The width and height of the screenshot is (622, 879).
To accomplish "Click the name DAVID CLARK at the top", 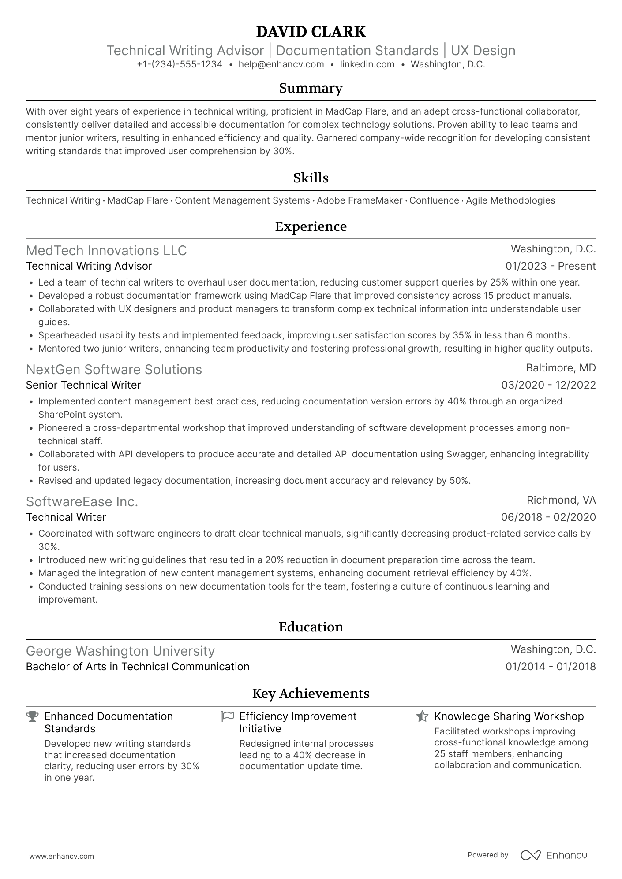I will [x=311, y=32].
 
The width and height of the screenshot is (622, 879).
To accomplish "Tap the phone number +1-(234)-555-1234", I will [x=180, y=64].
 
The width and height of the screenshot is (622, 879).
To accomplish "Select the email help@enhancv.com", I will [x=281, y=64].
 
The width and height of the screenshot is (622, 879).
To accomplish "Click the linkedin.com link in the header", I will [x=367, y=64].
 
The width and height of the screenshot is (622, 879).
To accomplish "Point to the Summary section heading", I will [x=311, y=88].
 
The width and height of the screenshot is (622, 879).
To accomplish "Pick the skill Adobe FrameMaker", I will [x=360, y=200].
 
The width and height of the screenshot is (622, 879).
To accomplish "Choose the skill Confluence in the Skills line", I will [x=434, y=200].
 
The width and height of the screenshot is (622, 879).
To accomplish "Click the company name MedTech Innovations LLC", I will [x=106, y=250].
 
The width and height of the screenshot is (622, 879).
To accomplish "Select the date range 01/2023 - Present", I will [x=551, y=266].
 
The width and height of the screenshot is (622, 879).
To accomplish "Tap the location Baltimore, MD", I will [x=561, y=368].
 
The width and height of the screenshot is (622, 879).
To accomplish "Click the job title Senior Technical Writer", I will [x=83, y=385].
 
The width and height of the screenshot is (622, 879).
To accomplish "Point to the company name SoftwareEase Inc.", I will [x=82, y=501].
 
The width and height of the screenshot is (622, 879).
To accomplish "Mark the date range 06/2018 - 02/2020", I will [x=548, y=517].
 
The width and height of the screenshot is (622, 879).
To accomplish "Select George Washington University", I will [x=120, y=651].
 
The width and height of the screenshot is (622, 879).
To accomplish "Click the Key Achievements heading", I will [x=311, y=694].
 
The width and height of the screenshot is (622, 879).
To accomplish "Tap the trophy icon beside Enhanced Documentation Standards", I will [x=32, y=716].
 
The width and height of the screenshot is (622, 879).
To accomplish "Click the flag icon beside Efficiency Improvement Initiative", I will [x=227, y=716].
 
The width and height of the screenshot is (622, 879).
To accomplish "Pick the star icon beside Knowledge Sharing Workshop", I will [x=422, y=716].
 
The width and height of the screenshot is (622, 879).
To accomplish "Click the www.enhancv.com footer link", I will [x=62, y=856].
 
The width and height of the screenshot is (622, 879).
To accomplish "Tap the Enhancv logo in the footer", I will [x=554, y=855].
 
